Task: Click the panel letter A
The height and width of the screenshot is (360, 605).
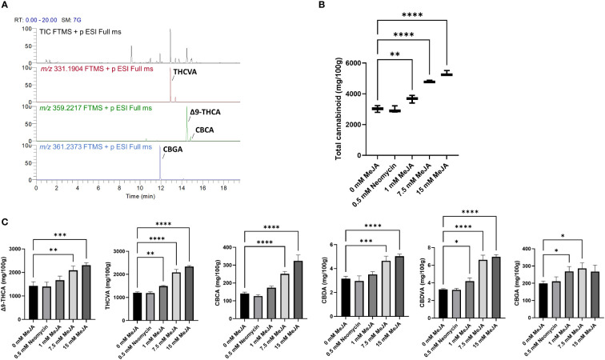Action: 6,6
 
